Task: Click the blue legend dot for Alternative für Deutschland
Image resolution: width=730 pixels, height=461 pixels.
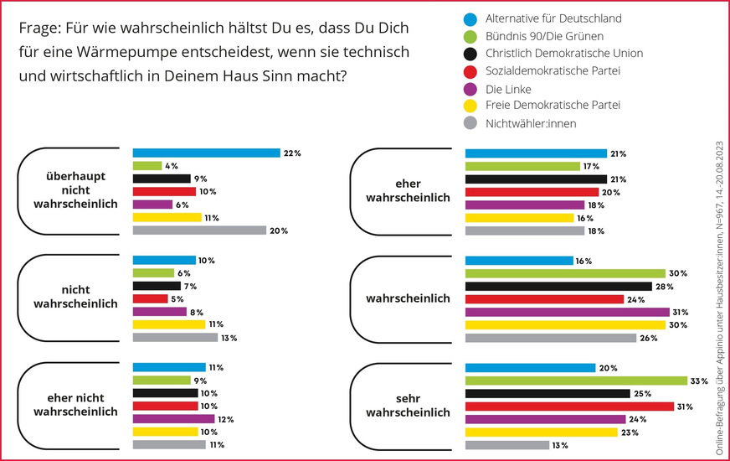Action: click(470, 19)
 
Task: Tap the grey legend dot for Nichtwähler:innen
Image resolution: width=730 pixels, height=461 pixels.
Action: click(470, 124)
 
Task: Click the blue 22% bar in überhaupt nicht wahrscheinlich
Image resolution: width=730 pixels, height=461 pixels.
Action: click(206, 153)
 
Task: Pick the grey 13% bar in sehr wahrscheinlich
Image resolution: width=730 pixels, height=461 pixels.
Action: click(506, 445)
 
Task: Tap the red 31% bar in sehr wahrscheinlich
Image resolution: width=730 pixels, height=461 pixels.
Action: click(569, 407)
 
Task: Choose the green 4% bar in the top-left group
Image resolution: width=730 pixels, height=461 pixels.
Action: click(147, 166)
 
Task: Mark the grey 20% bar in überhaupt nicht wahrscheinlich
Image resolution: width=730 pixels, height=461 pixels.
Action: click(199, 230)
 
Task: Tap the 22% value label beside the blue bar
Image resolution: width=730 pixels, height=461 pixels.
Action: click(292, 153)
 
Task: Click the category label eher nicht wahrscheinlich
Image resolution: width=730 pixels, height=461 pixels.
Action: click(75, 406)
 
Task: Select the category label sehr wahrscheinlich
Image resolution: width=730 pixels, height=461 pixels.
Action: click(408, 407)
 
